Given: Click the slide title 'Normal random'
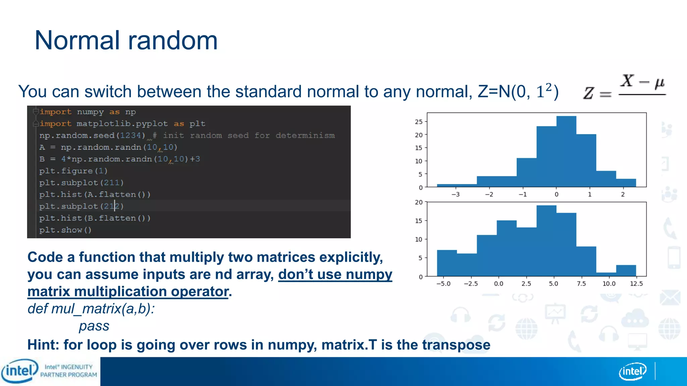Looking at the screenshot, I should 126,40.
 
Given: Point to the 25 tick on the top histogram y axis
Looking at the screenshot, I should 419,122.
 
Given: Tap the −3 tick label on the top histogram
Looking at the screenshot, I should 455,195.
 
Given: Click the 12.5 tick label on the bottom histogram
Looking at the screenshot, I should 636,284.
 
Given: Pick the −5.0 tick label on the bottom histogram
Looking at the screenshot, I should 443,284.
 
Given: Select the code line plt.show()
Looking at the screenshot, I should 65,230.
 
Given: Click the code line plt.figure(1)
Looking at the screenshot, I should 73,171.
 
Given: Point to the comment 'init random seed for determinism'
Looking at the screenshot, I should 249,135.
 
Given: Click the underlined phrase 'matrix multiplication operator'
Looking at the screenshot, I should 128,292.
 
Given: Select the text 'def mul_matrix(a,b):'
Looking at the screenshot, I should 91,309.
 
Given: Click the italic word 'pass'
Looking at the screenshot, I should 94,326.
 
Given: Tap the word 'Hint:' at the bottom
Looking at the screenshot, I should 44,345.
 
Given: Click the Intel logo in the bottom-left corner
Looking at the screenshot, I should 19,371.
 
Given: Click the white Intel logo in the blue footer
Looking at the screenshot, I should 632,371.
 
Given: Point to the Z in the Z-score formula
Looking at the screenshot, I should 589,93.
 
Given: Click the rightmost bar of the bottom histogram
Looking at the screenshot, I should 626,271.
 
